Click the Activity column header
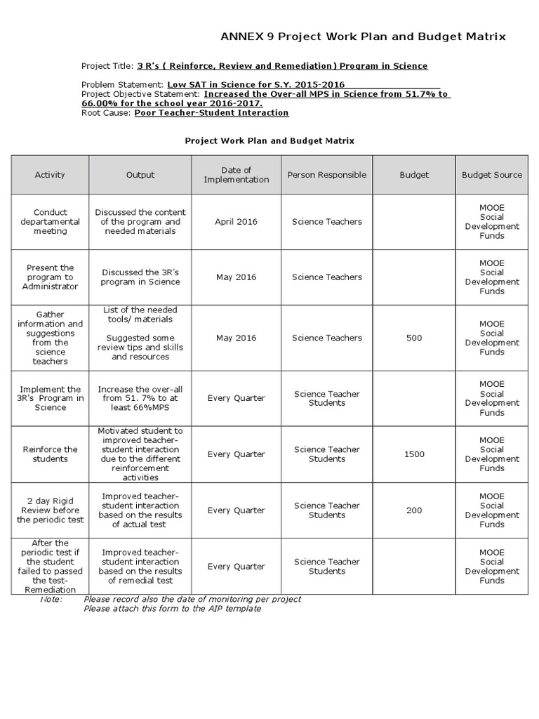click(x=50, y=175)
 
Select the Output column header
click(x=140, y=175)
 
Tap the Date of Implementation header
click(x=237, y=175)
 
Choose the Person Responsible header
click(x=326, y=175)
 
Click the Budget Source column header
click(x=491, y=175)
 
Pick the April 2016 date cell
click(x=237, y=222)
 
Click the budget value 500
click(x=414, y=338)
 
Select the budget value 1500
click(x=414, y=454)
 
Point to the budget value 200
click(x=414, y=510)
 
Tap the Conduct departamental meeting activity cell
click(x=50, y=222)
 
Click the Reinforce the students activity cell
click(x=50, y=454)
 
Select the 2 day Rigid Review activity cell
click(x=50, y=510)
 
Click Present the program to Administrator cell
click(x=50, y=277)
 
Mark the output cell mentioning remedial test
click(x=140, y=567)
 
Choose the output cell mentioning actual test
click(x=140, y=510)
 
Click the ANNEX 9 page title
click(x=363, y=37)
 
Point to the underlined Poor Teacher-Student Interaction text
click(x=211, y=112)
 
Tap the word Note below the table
click(x=51, y=600)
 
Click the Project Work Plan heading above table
click(x=269, y=140)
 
